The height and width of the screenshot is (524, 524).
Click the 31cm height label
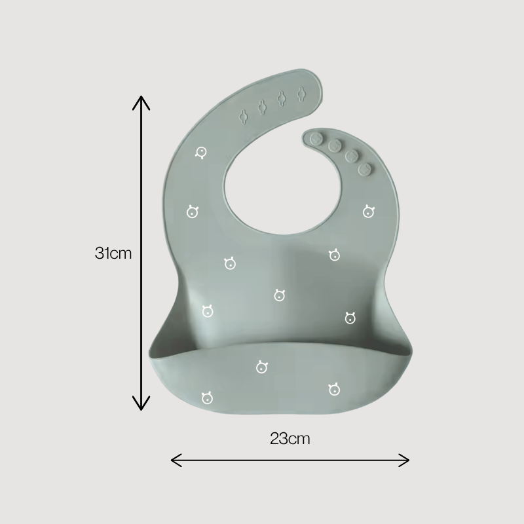[113, 253]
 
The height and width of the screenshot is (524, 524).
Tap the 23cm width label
[290, 439]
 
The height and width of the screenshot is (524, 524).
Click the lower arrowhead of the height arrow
[141, 403]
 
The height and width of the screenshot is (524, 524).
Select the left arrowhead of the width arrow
[176, 460]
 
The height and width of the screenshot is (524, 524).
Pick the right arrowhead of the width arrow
[404, 460]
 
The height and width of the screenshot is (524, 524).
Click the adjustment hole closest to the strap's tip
[301, 94]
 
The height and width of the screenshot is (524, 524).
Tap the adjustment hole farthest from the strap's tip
[243, 117]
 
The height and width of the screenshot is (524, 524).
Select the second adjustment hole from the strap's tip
[282, 99]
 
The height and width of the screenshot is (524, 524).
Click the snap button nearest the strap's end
[316, 139]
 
